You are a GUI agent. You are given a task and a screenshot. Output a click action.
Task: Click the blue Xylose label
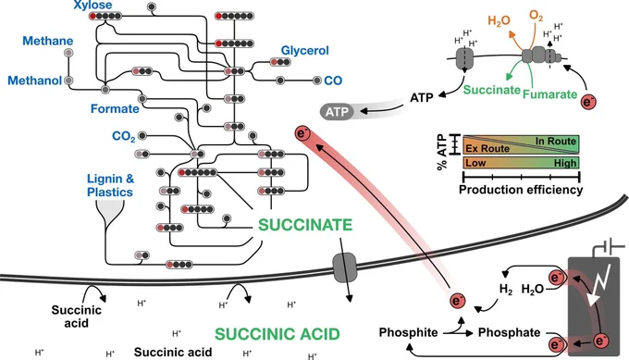(92, 6)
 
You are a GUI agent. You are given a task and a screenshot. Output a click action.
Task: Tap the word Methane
(48, 41)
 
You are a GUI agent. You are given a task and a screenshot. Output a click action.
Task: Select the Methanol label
(35, 81)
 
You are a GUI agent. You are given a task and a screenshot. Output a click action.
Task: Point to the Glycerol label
(305, 51)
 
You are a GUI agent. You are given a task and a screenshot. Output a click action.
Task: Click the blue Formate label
(115, 109)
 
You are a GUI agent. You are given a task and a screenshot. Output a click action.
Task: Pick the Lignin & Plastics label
(110, 185)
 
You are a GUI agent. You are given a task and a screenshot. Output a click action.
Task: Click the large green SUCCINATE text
(305, 225)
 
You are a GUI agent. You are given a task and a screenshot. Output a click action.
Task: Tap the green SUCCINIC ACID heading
(277, 334)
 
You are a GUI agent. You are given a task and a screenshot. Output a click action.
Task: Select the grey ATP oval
(337, 112)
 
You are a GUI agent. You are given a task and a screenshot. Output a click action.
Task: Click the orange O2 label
(536, 16)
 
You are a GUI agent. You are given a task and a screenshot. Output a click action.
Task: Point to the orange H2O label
(499, 20)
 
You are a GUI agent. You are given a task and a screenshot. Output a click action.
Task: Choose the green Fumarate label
(549, 94)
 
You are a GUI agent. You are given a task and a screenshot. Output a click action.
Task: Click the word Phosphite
(408, 333)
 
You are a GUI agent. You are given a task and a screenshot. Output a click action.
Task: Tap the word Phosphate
(509, 333)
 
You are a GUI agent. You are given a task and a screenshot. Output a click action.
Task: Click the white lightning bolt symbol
(598, 284)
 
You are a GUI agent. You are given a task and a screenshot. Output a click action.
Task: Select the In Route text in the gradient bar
(556, 142)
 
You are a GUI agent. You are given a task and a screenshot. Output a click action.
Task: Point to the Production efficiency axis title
(521, 190)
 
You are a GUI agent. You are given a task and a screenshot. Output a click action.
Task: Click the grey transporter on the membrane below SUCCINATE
(345, 267)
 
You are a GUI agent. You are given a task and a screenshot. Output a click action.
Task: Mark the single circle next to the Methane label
(68, 53)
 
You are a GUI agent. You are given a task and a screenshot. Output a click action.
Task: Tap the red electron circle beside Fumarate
(588, 103)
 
